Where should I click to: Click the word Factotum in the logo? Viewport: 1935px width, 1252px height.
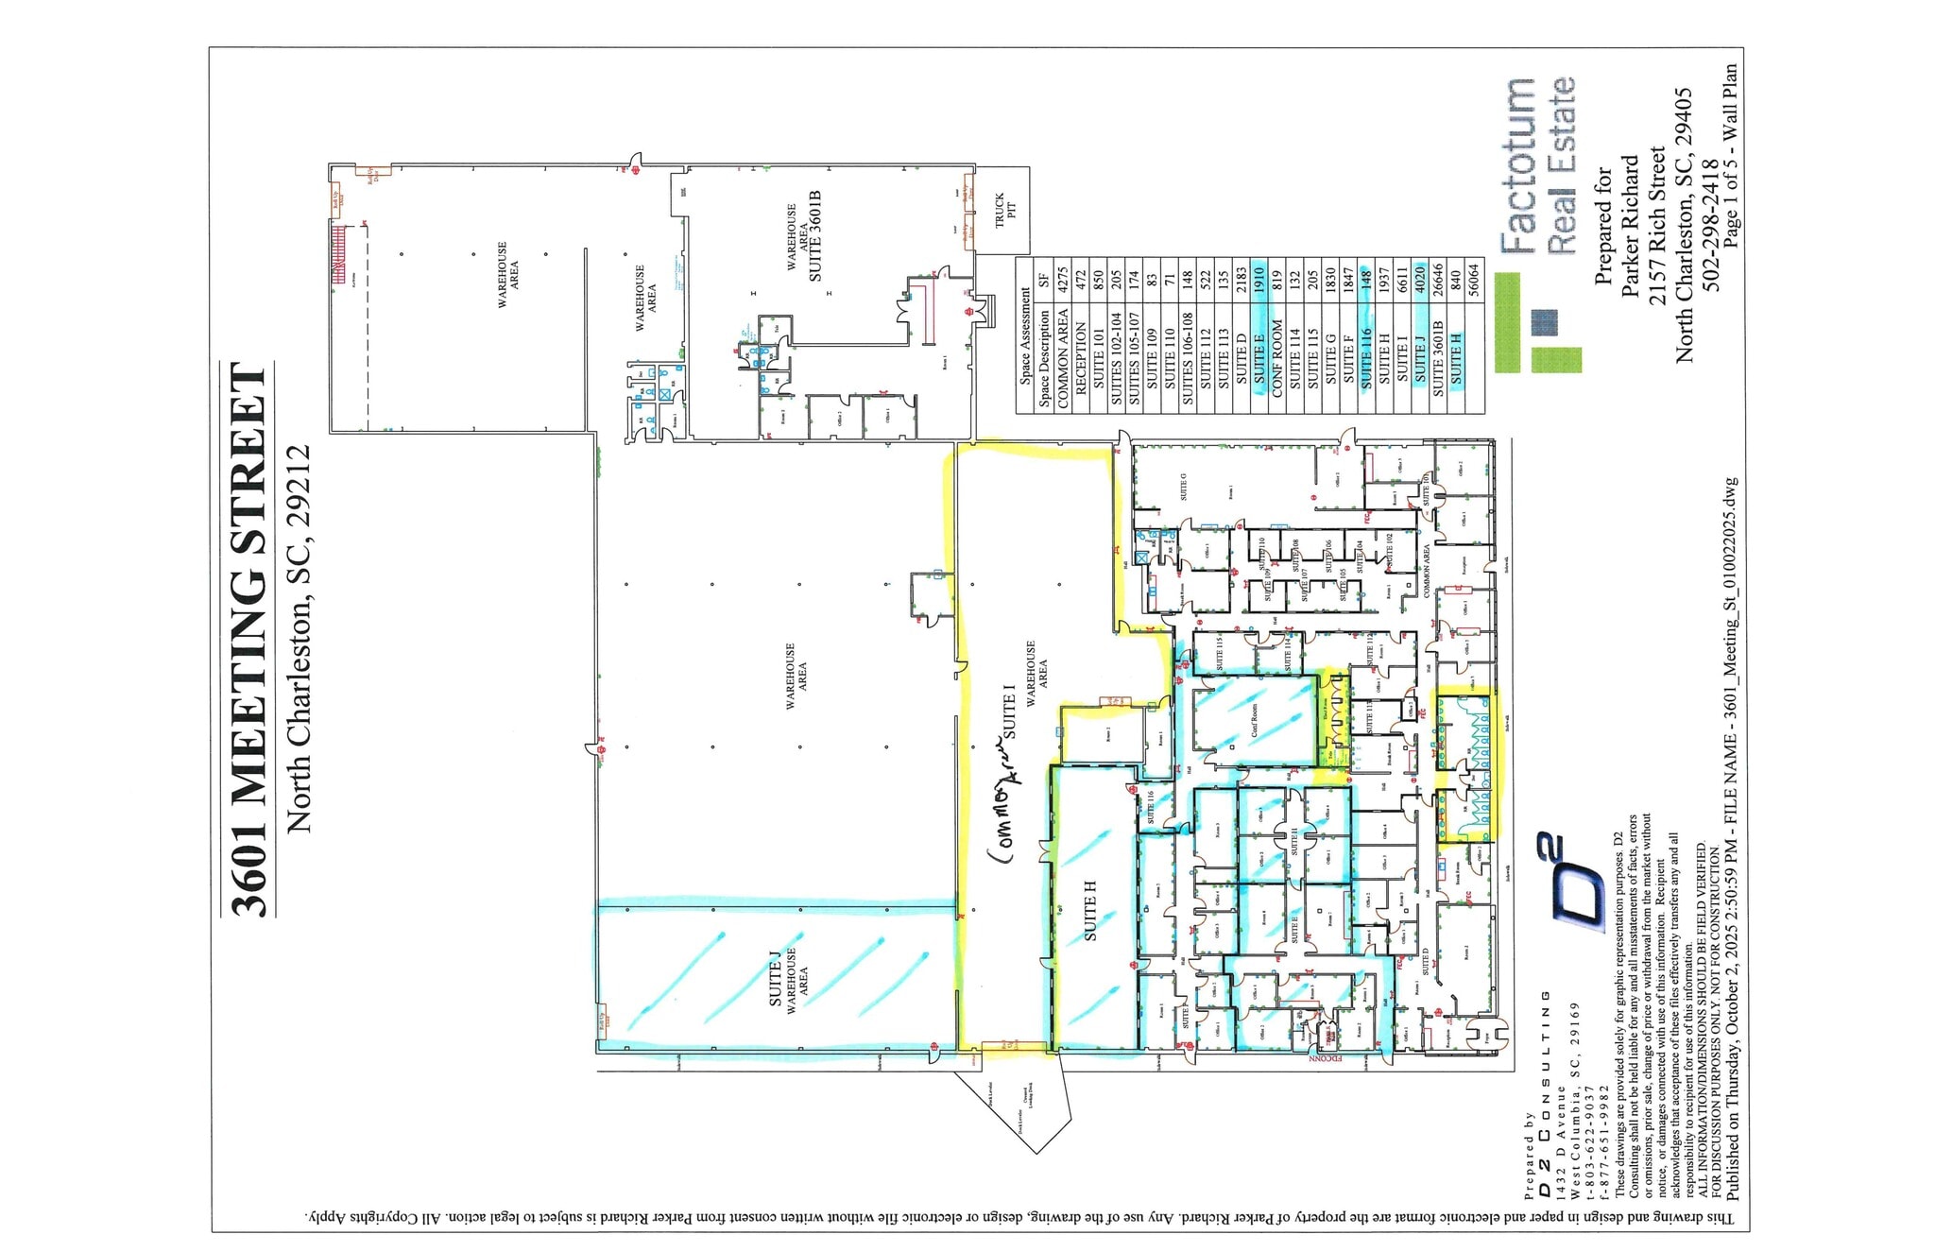pyautogui.click(x=1518, y=166)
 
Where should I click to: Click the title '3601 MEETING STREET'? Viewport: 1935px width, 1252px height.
pyautogui.click(x=248, y=639)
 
